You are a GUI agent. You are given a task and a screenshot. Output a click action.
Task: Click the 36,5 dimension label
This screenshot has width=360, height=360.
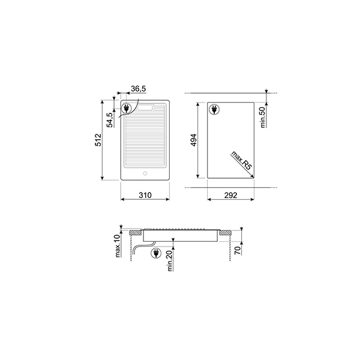[139, 89]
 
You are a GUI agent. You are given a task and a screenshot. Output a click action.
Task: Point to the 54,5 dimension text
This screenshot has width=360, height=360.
[110, 119]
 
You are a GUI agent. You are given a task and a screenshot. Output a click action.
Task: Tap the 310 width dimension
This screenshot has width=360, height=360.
[145, 196]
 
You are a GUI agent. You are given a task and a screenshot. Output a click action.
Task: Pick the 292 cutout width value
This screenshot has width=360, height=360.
[231, 196]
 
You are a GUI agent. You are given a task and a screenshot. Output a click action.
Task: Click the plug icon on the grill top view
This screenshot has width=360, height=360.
[127, 109]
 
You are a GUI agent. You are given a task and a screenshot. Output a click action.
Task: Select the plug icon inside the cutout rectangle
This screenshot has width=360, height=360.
[214, 109]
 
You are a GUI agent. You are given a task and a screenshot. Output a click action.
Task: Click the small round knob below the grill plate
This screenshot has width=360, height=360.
[145, 174]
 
